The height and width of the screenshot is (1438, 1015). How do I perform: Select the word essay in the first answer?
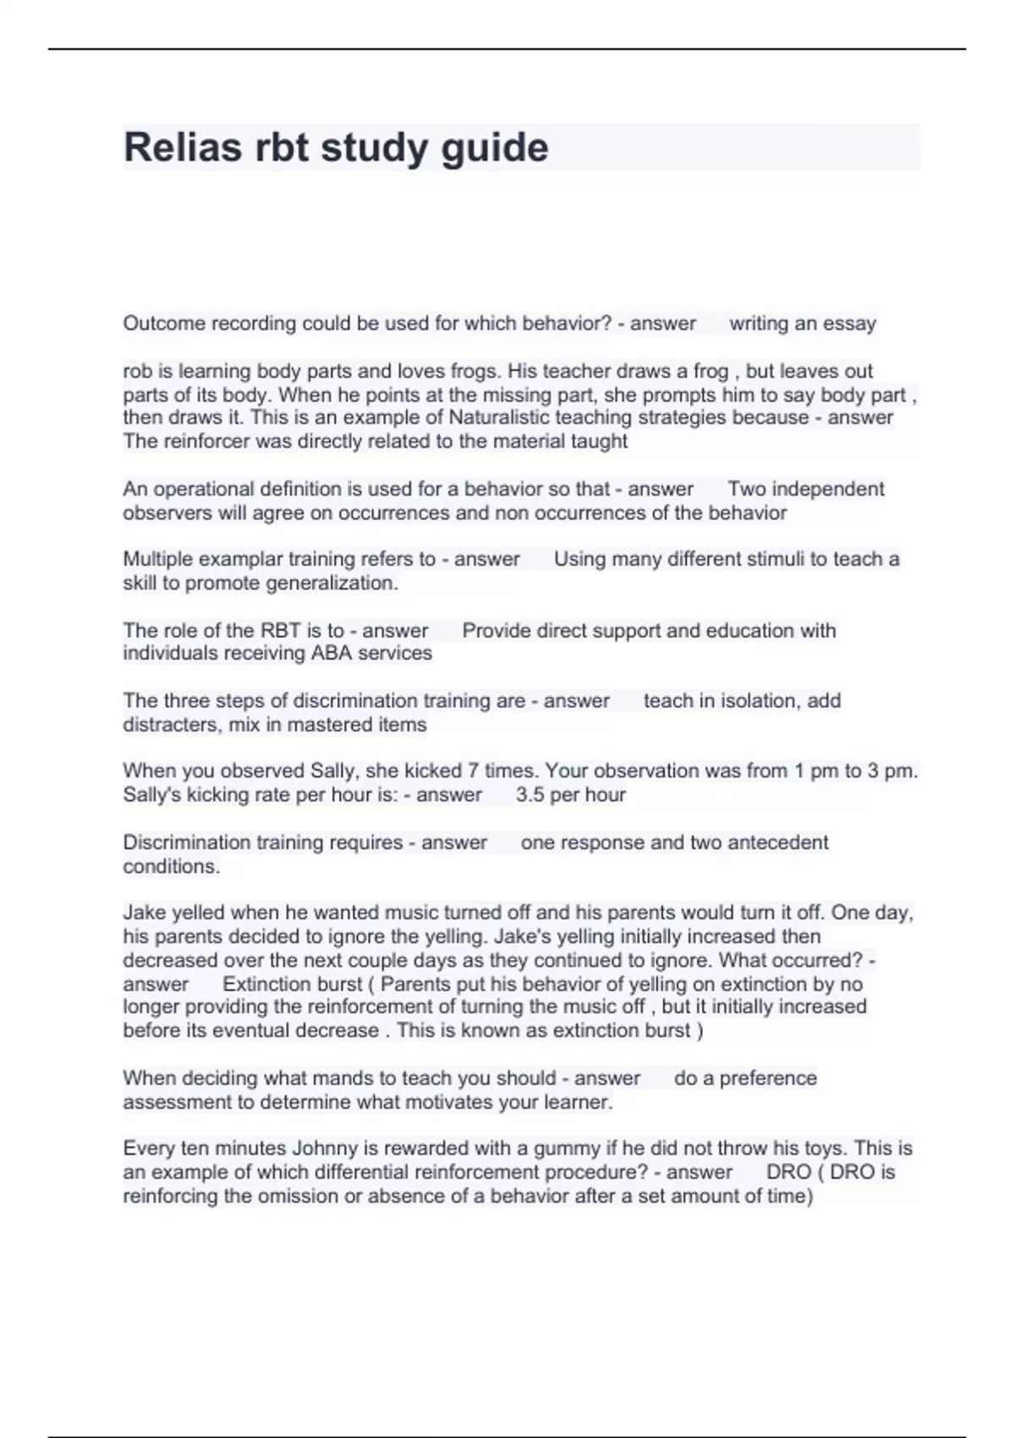point(849,323)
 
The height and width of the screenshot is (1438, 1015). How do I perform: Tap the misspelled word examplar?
point(244,559)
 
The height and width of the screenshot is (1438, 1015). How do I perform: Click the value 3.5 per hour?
point(571,794)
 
